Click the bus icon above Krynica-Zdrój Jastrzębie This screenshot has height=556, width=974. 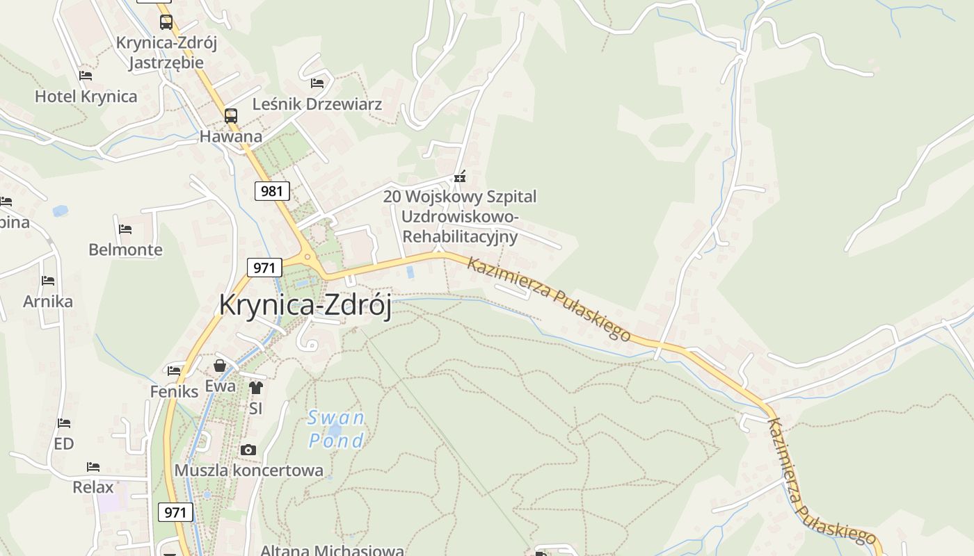(x=166, y=22)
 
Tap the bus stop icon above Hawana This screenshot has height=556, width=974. (x=230, y=116)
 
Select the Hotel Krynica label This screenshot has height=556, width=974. (x=86, y=97)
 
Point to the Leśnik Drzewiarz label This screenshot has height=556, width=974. (x=317, y=104)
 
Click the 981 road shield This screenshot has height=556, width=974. (x=272, y=190)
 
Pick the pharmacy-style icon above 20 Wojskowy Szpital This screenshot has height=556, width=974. (x=458, y=177)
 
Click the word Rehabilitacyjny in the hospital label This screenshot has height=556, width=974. (x=461, y=236)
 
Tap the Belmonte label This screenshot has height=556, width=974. (x=125, y=250)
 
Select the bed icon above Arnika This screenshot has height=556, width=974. (x=48, y=281)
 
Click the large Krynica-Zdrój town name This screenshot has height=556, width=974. (x=305, y=305)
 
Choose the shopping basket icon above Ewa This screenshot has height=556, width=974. (x=220, y=366)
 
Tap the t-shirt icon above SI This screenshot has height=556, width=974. (x=256, y=388)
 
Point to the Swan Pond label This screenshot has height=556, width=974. (x=337, y=429)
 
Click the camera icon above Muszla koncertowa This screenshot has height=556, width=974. (x=248, y=450)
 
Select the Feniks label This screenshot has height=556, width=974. (x=174, y=391)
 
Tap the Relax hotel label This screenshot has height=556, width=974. (x=93, y=487)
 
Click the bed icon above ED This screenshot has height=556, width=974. (x=64, y=423)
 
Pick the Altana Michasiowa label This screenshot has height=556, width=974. (x=332, y=550)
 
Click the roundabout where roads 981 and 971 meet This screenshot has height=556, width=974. (x=309, y=258)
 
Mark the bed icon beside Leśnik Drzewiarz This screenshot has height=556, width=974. (x=317, y=83)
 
